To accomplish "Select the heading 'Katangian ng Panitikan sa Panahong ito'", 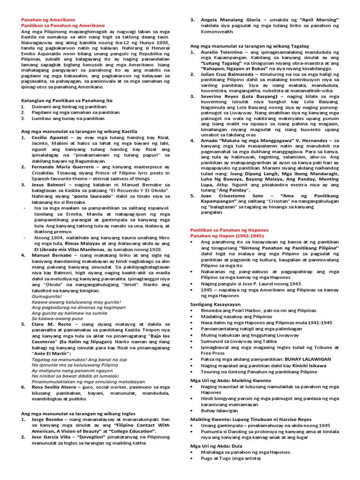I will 67,100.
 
